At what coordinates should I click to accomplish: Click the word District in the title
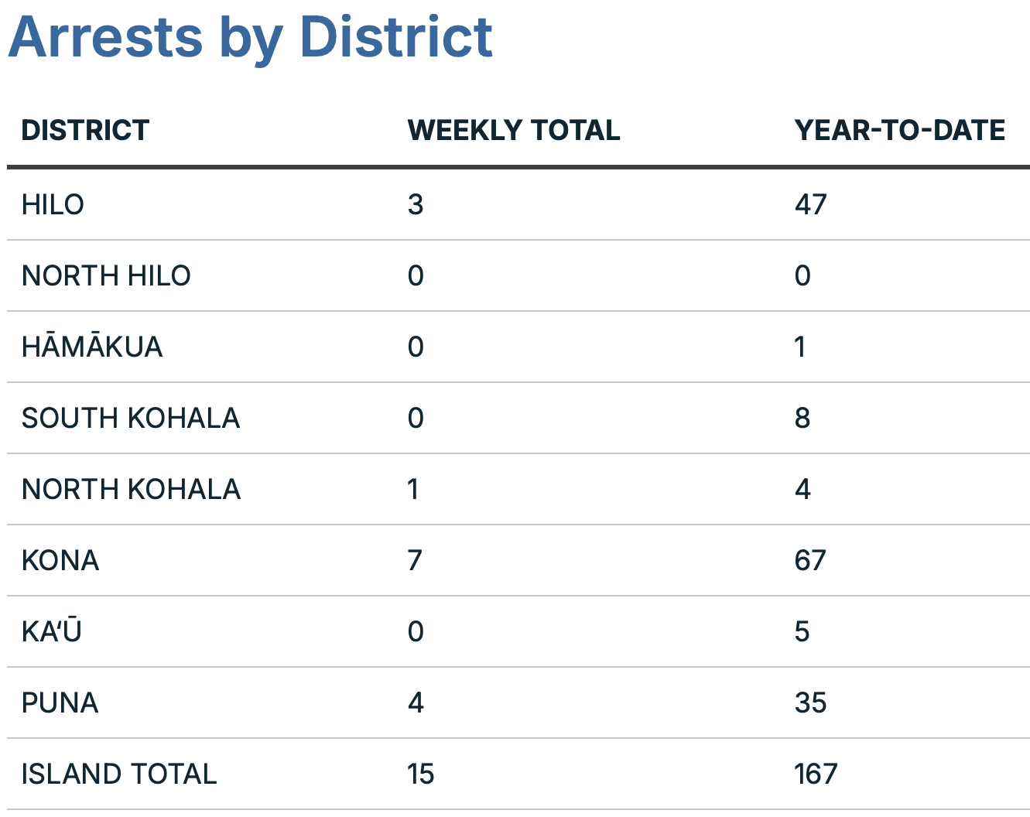(x=395, y=37)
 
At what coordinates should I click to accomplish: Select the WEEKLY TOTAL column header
(x=513, y=130)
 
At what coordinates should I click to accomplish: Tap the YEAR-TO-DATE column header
(x=899, y=130)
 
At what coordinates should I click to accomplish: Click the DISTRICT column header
(x=85, y=130)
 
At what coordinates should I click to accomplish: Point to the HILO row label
(x=53, y=205)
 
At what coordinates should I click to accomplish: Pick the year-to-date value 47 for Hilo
(x=810, y=205)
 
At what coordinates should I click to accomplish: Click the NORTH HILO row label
(x=106, y=276)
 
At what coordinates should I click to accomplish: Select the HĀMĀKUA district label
(x=92, y=347)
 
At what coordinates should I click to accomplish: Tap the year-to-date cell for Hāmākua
(x=800, y=347)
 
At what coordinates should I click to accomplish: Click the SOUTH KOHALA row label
(x=131, y=419)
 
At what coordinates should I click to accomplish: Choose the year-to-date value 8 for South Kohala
(x=802, y=419)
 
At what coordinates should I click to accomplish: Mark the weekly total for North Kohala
(x=413, y=490)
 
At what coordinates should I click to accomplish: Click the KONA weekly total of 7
(x=415, y=561)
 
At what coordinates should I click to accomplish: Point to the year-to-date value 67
(x=810, y=561)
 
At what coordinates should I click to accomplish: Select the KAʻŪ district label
(x=52, y=632)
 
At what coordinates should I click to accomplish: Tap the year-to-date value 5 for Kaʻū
(x=802, y=632)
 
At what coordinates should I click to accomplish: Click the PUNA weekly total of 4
(x=416, y=703)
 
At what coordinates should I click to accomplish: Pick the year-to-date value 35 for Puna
(x=810, y=703)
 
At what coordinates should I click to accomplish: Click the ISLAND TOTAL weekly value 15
(x=421, y=774)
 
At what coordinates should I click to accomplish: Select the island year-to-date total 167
(x=816, y=774)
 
